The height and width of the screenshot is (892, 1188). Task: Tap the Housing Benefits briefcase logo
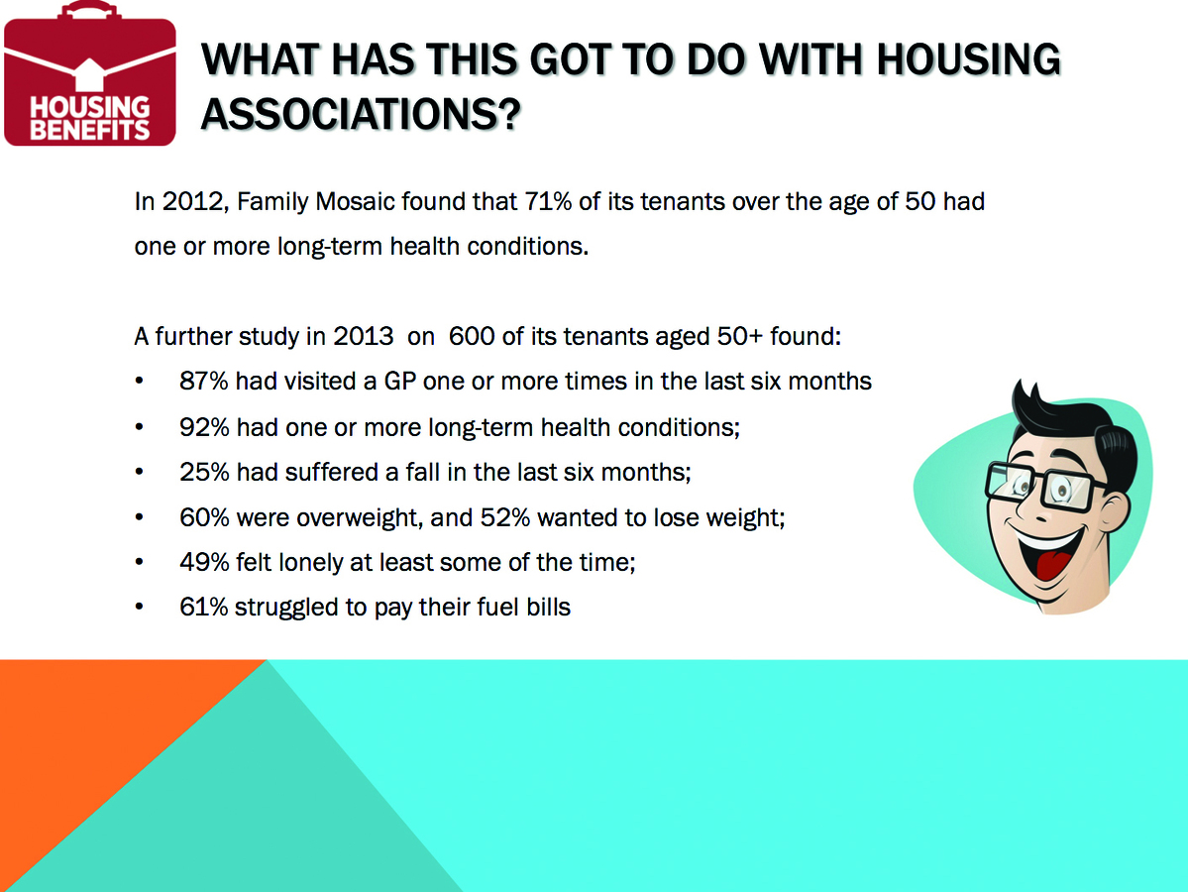(x=90, y=74)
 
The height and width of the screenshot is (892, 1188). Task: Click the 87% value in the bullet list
(x=204, y=381)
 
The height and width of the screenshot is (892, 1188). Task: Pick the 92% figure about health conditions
(x=204, y=427)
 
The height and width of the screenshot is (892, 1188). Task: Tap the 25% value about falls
(x=204, y=472)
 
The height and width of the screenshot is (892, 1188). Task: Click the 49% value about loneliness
(x=204, y=562)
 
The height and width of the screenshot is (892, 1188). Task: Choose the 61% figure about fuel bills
(x=203, y=607)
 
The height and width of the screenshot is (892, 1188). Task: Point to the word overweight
(x=361, y=517)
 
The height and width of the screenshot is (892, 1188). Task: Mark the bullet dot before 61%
(x=140, y=607)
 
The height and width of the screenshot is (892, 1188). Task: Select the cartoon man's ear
(x=1134, y=496)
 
